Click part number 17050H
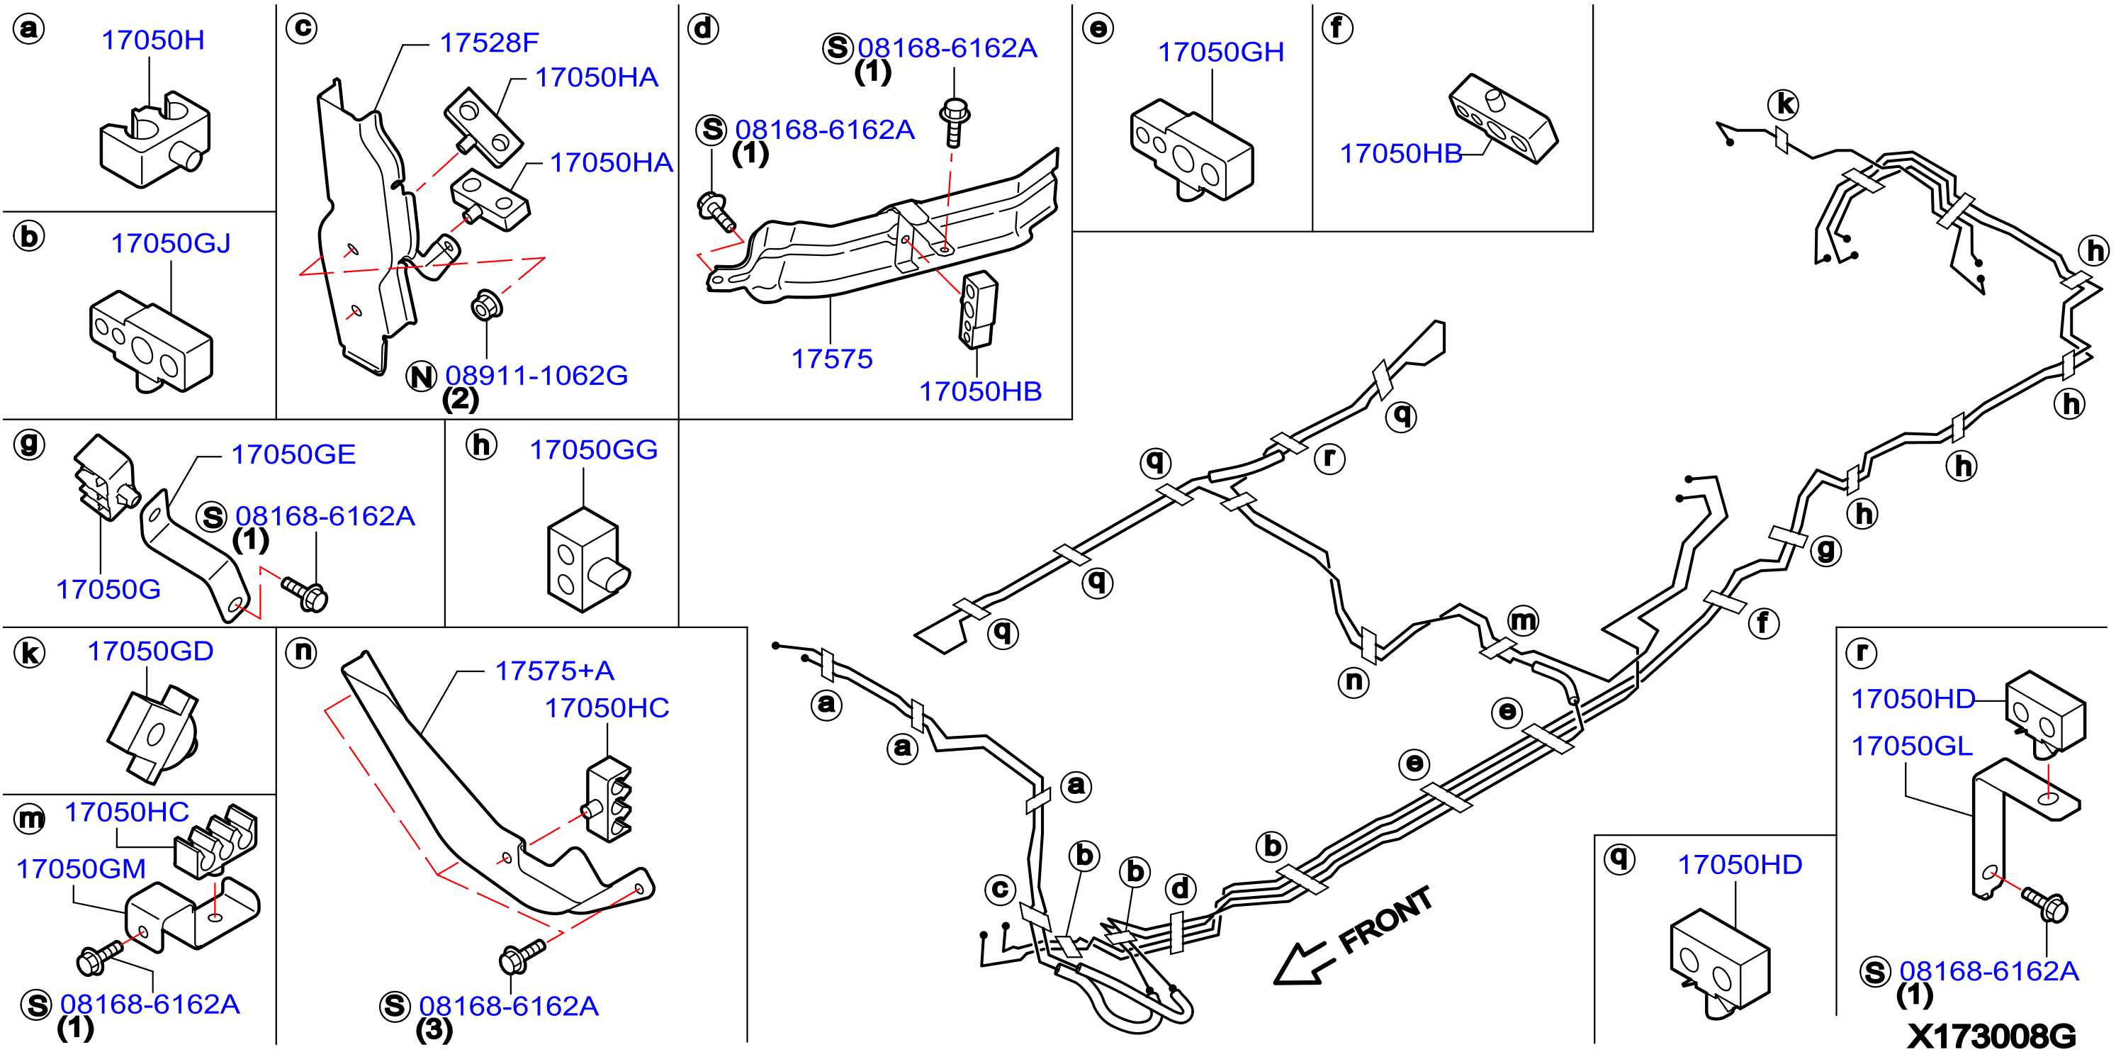pos(153,40)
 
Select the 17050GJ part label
pos(171,243)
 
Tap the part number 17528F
pos(489,42)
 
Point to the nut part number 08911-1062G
pos(536,376)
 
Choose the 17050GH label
pos(1221,52)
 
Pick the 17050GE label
pos(293,454)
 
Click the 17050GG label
pos(593,449)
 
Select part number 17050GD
pos(150,651)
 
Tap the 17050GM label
pos(81,868)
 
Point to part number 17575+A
pos(554,671)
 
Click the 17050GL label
pos(1911,746)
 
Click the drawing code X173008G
pos(1991,1036)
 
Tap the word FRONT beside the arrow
pos(1386,919)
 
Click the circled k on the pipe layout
pos(1784,104)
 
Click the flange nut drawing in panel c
pos(486,306)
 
